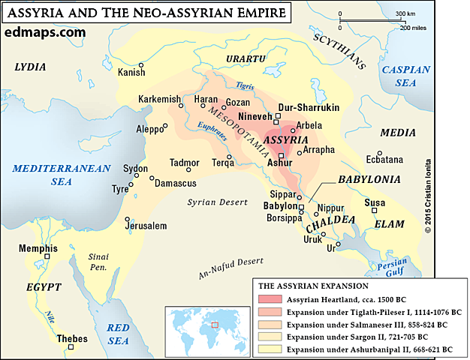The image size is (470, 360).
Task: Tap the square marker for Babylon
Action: [301, 206]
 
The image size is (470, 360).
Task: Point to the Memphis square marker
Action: [47, 256]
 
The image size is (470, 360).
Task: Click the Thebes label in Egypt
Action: [72, 340]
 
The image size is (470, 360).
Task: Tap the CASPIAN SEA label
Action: [405, 76]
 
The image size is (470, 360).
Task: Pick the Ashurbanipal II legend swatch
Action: [267, 349]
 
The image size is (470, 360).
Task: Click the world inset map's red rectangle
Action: [217, 324]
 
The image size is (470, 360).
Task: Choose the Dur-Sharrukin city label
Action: [309, 108]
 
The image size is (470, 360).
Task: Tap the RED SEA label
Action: [119, 334]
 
